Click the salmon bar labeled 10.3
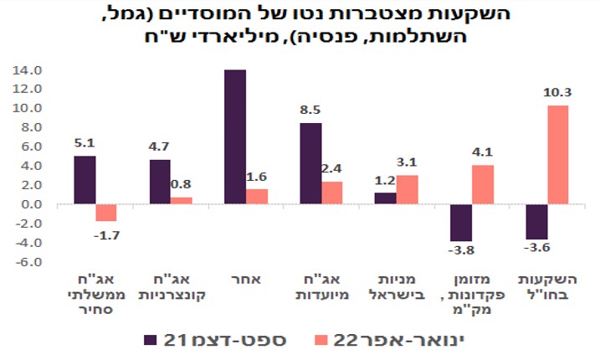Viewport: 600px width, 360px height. pos(557,155)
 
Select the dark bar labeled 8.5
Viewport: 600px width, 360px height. pos(310,163)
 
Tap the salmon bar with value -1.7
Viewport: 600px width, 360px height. pos(105,213)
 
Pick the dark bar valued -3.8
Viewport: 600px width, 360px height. pos(461,223)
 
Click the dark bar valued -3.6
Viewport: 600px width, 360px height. pos(536,222)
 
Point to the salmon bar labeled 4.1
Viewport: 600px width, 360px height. pos(482,185)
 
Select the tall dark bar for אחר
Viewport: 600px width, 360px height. pos(235,137)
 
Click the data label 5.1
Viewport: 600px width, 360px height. pos(84,142)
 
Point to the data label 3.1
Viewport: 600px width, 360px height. pos(408,162)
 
